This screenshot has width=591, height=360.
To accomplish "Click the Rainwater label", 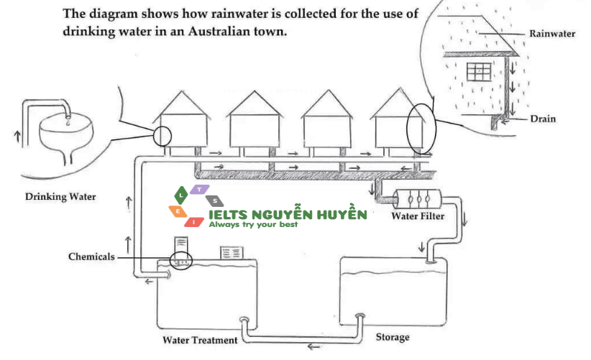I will pyautogui.click(x=551, y=34).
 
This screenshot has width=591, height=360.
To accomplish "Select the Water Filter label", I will pyautogui.click(x=417, y=216).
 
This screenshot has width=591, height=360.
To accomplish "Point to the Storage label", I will pyautogui.click(x=393, y=337).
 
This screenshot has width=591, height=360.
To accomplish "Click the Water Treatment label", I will pyautogui.click(x=199, y=340).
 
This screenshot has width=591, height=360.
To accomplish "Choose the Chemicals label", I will pyautogui.click(x=91, y=257).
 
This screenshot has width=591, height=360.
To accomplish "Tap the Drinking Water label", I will pyautogui.click(x=60, y=196).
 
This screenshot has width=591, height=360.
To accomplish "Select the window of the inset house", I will pyautogui.click(x=478, y=71).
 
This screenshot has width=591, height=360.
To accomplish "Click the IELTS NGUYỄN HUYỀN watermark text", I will pyautogui.click(x=288, y=214).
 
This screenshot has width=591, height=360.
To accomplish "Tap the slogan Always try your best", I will pyautogui.click(x=252, y=225).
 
